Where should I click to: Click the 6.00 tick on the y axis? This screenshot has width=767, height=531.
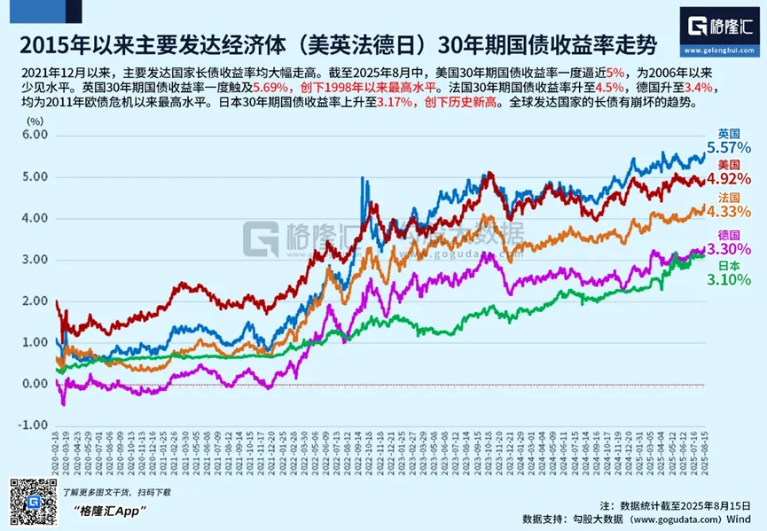point(32,135)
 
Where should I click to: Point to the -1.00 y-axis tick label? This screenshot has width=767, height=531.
point(31,426)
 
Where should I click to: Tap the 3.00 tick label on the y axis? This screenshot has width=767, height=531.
point(32,260)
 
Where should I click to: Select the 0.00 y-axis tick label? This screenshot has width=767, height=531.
point(32,384)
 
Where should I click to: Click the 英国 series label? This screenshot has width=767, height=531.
point(730,132)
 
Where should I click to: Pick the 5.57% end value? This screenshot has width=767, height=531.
point(729,147)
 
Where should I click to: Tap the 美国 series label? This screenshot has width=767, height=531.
point(730,164)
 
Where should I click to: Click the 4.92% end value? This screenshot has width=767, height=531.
point(729,178)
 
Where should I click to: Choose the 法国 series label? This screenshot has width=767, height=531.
point(730,196)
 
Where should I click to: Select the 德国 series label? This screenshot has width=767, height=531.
point(730,232)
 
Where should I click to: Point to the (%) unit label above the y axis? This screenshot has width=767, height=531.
point(35,119)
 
